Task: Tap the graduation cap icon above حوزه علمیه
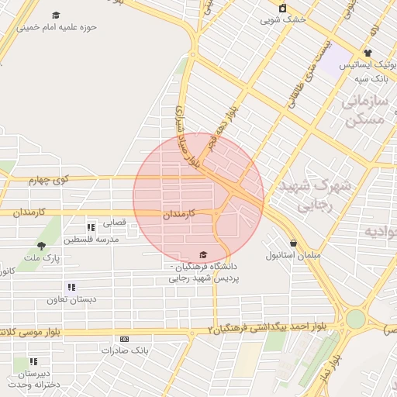[x=56, y=16]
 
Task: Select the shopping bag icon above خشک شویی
[x=282, y=9]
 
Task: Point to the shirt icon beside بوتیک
[x=367, y=53]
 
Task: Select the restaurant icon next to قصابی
[x=91, y=227]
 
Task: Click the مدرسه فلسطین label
[x=91, y=239]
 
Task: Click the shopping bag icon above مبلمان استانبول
[x=292, y=242]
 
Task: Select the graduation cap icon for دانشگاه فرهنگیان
[x=203, y=254]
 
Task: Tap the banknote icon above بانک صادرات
[x=124, y=339]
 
